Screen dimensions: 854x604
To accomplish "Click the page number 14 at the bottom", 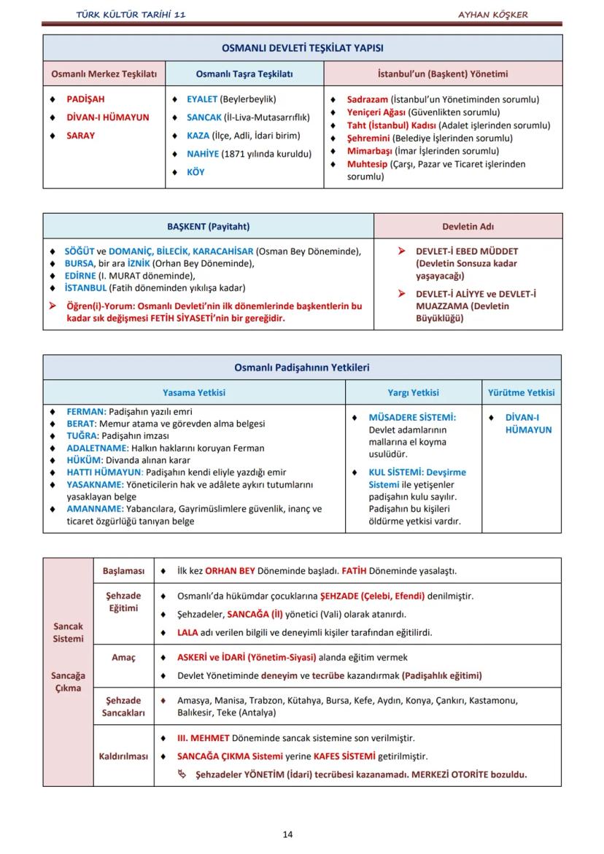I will coord(287,834).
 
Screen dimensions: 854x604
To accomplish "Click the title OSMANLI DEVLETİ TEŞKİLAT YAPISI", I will coord(303,48).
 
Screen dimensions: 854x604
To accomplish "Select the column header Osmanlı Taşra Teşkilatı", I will coord(244,74).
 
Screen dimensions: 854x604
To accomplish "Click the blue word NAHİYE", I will coord(203,154).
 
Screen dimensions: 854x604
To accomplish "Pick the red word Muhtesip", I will coord(367,164).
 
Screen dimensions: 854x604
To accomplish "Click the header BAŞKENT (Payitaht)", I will coord(208,226).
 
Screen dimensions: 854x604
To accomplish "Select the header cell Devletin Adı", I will coord(468,226).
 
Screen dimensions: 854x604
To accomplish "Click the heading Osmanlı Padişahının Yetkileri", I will coord(302,368).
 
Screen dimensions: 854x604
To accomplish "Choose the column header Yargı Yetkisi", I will coord(413,392).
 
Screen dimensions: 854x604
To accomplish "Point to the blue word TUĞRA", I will coord(82,435).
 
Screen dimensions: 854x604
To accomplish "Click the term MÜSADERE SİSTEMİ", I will coord(412,417).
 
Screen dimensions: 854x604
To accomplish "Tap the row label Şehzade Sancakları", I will coord(123,707).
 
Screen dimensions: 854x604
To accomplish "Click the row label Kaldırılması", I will coord(123,756).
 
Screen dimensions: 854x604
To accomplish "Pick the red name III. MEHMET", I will coord(204,738).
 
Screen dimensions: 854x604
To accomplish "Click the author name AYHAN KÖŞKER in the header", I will coord(492,15).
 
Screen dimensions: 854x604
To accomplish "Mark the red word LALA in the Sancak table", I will coord(187,632).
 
